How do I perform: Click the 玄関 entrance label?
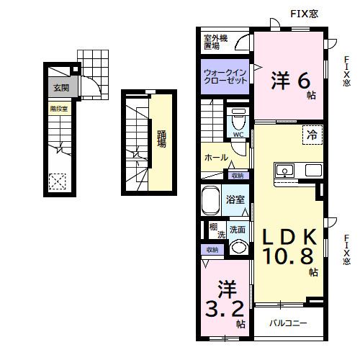coord(60,89)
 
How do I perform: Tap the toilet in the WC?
coord(238,119)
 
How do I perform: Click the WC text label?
coord(238,134)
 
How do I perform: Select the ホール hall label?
coord(217,158)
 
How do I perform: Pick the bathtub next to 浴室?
coord(211,199)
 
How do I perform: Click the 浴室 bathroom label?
coord(235,199)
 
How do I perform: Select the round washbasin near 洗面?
coord(238,248)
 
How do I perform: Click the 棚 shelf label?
coord(214,228)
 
